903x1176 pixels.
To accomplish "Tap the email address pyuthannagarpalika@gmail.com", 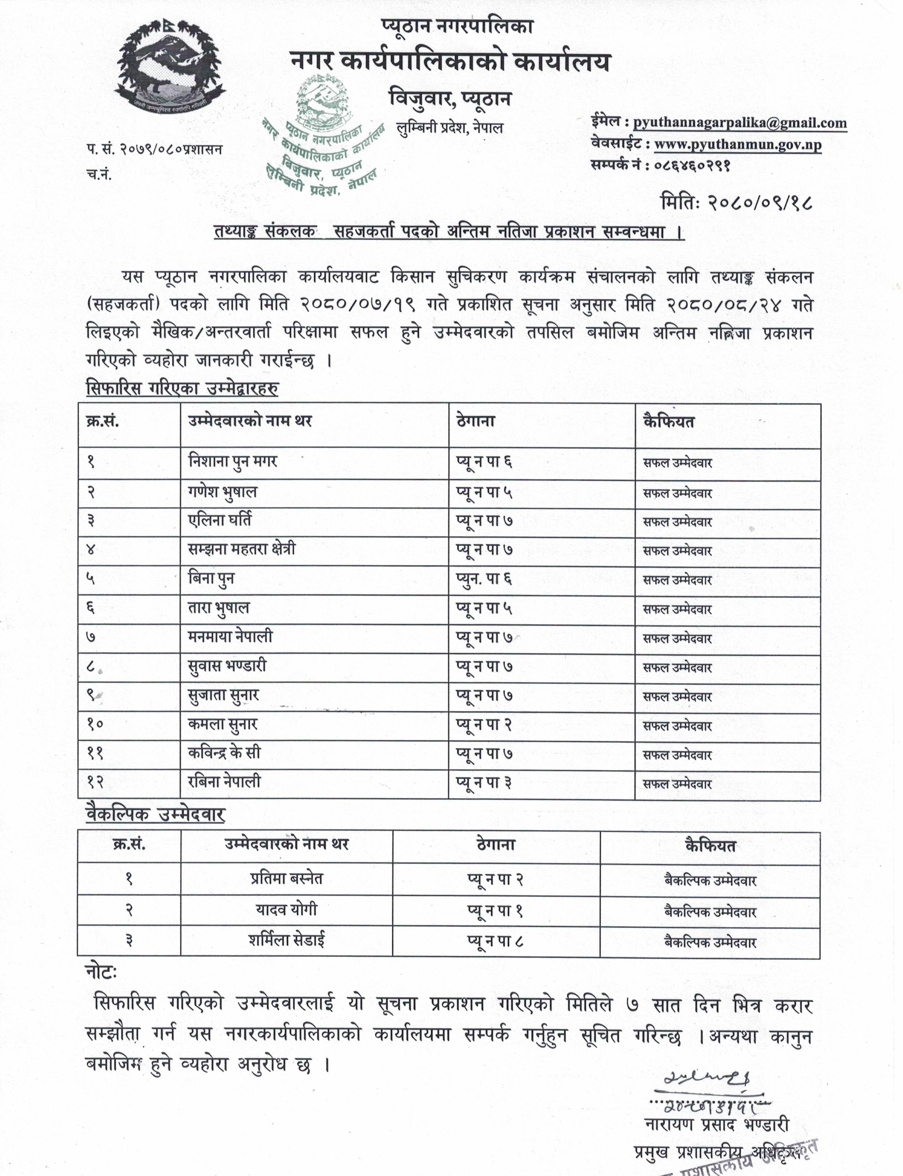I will (x=739, y=123).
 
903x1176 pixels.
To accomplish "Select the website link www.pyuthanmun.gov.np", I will (x=738, y=145).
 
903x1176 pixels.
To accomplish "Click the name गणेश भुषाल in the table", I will (x=223, y=492).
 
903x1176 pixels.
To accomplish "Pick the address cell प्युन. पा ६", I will (x=484, y=579).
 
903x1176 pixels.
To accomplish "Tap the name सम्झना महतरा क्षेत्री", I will (x=242, y=549).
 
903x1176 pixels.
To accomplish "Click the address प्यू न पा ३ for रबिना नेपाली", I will (x=484, y=782).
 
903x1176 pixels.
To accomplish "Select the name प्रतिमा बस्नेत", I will (x=286, y=879).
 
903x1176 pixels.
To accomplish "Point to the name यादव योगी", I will (x=286, y=910).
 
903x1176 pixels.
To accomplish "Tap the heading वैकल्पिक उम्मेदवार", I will (x=155, y=814).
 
